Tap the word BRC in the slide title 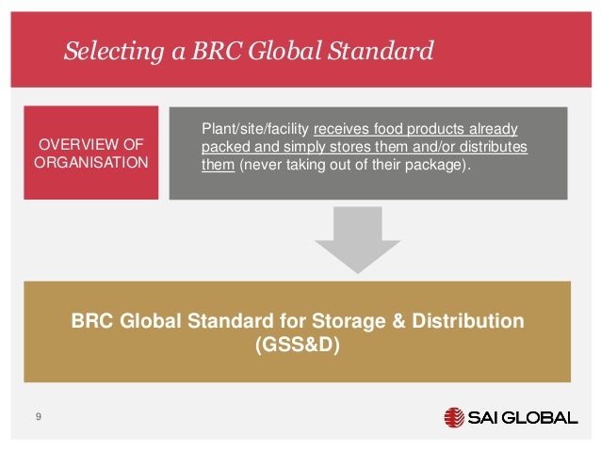(206, 51)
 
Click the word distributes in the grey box (495, 148)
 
